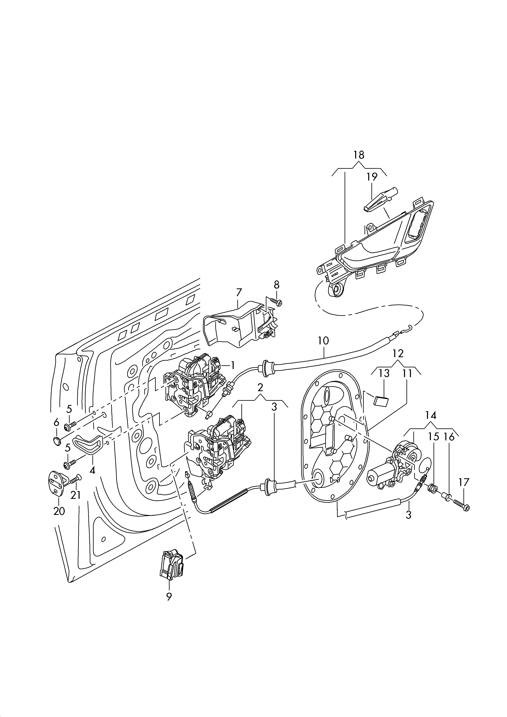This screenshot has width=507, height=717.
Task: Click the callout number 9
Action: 169,597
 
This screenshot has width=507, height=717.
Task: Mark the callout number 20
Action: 59,511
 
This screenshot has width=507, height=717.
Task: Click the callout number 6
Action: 56,422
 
